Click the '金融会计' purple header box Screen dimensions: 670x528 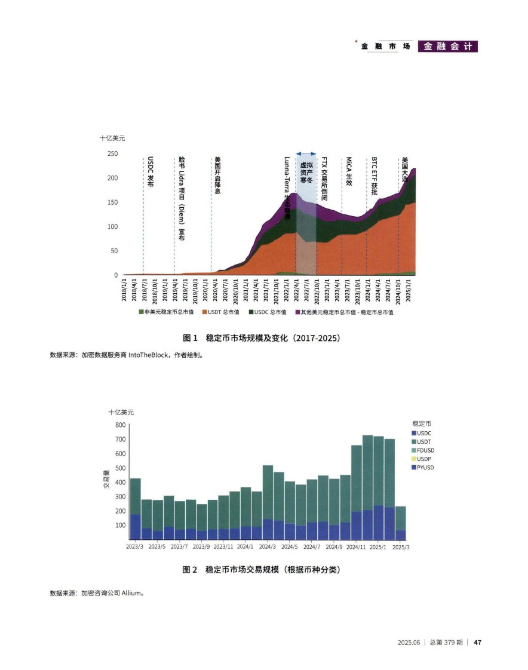click(x=448, y=47)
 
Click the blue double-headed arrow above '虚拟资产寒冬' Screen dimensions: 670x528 click(x=306, y=154)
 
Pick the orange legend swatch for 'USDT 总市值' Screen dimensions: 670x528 click(x=204, y=312)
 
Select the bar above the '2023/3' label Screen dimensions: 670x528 click(x=136, y=509)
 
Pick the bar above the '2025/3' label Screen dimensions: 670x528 click(x=401, y=523)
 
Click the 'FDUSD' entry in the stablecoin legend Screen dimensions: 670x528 click(x=425, y=450)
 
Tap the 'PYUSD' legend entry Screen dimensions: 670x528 click(x=425, y=467)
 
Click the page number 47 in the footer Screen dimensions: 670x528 click(x=477, y=643)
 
